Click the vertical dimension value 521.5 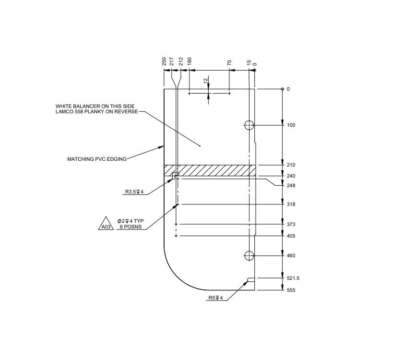pyautogui.click(x=293, y=278)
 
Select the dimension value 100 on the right pyautogui.click(x=291, y=125)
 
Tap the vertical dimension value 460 pyautogui.click(x=291, y=256)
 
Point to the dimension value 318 pyautogui.click(x=291, y=204)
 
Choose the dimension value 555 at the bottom pyautogui.click(x=291, y=290)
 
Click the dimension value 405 pyautogui.click(x=291, y=236)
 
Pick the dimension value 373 pyautogui.click(x=291, y=225)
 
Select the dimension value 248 pyautogui.click(x=291, y=186)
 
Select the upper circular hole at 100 pyautogui.click(x=249, y=126)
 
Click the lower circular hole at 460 pyautogui.click(x=249, y=256)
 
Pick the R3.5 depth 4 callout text pyautogui.click(x=134, y=192)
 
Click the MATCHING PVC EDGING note pyautogui.click(x=96, y=158)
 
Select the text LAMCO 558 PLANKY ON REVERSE pyautogui.click(x=96, y=112)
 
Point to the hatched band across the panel pyautogui.click(x=209, y=170)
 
